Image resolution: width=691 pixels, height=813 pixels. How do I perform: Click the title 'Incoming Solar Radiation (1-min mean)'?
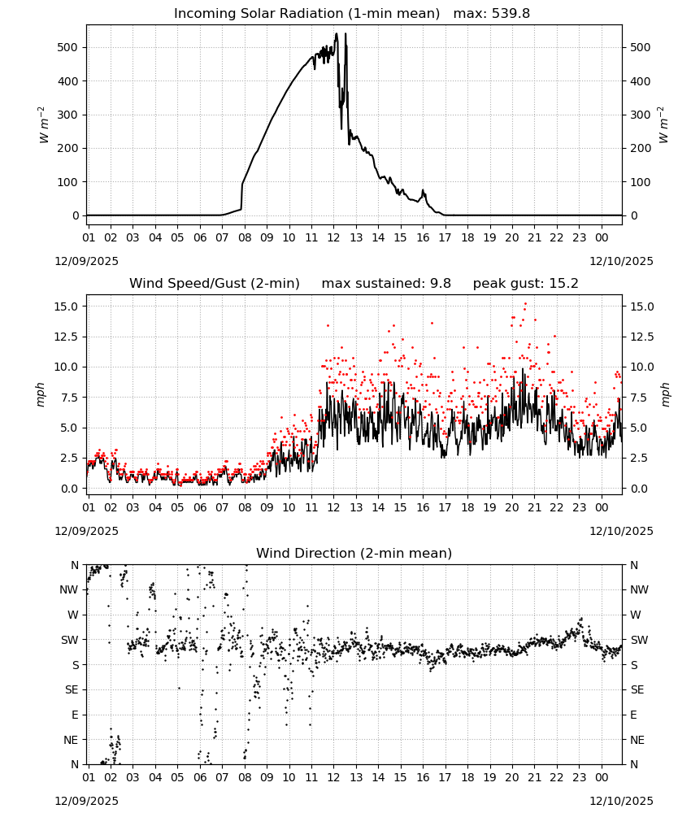pyautogui.click(x=306, y=14)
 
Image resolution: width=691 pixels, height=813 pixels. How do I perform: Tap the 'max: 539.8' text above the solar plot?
pyautogui.click(x=492, y=14)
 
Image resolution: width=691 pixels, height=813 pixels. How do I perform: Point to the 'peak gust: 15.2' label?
pyautogui.click(x=525, y=284)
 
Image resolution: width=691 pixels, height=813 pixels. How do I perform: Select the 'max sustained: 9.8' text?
pyautogui.click(x=386, y=284)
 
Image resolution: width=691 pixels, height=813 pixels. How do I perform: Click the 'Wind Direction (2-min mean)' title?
pyautogui.click(x=354, y=553)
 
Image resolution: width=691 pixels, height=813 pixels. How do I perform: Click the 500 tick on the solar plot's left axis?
pyautogui.click(x=67, y=47)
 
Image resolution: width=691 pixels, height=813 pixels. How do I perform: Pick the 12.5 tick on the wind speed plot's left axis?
pyautogui.click(x=67, y=337)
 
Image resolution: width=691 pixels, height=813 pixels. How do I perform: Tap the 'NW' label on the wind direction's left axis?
pyautogui.click(x=69, y=589)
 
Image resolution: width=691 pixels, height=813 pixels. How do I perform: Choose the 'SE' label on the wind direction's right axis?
pyautogui.click(x=637, y=689)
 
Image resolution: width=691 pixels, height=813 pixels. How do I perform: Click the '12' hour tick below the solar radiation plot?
pyautogui.click(x=333, y=237)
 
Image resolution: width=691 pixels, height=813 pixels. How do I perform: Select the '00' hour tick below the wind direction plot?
pyautogui.click(x=602, y=777)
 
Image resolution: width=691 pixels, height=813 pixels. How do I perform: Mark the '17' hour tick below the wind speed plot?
pyautogui.click(x=445, y=507)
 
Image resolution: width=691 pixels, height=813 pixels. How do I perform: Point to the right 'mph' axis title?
pyautogui.click(x=665, y=394)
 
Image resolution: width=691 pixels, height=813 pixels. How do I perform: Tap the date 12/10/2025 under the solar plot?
pyautogui.click(x=621, y=261)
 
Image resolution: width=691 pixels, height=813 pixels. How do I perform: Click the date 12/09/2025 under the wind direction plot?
pyautogui.click(x=86, y=801)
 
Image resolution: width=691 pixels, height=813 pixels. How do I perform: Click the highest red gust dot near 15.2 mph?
pyautogui.click(x=526, y=304)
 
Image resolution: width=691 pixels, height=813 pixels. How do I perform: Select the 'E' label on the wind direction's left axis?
pyautogui.click(x=75, y=715)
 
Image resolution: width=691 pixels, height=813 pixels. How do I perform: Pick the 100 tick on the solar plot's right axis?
pyautogui.click(x=641, y=182)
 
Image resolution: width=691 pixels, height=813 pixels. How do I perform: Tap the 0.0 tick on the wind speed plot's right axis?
pyautogui.click(x=639, y=489)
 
